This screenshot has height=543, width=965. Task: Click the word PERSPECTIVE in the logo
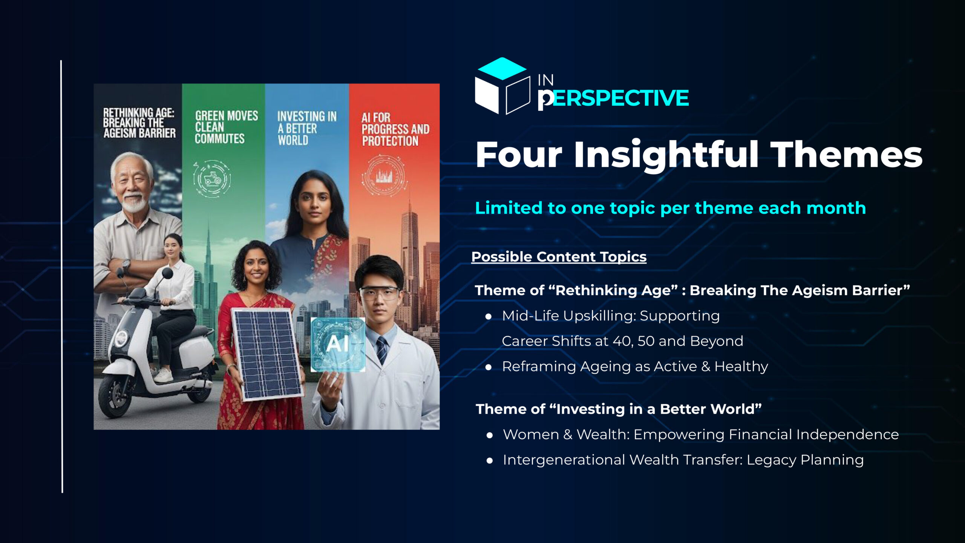(613, 99)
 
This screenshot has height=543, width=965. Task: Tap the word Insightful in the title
(666, 155)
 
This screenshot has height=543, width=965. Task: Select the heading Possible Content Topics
(559, 257)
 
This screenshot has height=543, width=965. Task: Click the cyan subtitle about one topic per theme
(670, 208)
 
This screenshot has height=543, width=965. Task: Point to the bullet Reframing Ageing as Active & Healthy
(635, 366)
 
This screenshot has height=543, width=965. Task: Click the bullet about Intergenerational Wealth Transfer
(683, 460)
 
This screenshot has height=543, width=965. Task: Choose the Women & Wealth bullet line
(701, 434)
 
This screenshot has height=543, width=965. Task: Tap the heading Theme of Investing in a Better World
(619, 409)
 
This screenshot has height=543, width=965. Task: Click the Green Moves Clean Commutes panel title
(226, 127)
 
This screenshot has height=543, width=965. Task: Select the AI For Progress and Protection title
(395, 129)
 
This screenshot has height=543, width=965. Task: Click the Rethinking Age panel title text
(139, 123)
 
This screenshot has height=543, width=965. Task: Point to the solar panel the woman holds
(267, 354)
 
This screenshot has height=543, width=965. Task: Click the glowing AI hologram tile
(337, 344)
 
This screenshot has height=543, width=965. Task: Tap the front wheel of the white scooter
(113, 396)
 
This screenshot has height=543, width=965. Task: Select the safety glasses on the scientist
(379, 293)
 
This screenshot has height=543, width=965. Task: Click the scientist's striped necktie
(381, 350)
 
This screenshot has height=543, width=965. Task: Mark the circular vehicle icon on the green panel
(212, 178)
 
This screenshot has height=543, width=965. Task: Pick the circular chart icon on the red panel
(384, 176)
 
